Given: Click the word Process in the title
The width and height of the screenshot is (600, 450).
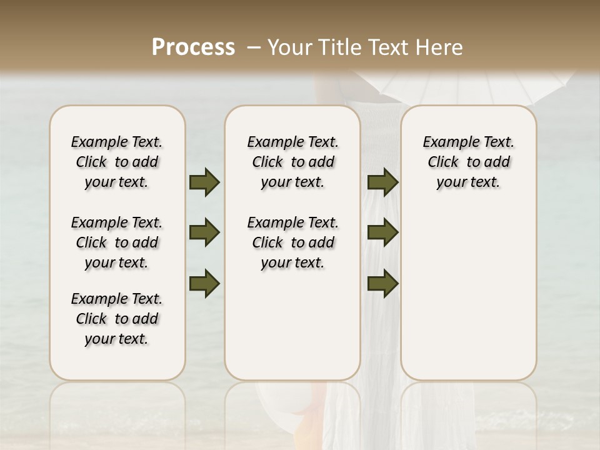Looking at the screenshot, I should click(193, 47).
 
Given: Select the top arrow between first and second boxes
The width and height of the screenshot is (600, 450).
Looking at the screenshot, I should click(204, 182).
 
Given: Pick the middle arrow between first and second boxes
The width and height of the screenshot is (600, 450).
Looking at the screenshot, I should click(204, 233).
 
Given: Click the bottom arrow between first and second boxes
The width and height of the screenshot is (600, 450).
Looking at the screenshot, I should click(204, 284).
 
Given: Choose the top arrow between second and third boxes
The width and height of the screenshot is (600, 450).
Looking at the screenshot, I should click(382, 182).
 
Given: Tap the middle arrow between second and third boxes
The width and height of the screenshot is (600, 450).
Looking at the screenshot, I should click(382, 233).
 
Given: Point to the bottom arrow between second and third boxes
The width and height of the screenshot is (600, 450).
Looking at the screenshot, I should click(382, 284).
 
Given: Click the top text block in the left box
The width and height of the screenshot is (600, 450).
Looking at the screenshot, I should click(117, 162).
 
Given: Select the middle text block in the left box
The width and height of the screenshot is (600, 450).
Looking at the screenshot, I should click(117, 242).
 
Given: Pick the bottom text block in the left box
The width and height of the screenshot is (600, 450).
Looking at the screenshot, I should click(117, 319).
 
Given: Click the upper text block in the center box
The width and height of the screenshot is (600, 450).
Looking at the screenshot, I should click(292, 162).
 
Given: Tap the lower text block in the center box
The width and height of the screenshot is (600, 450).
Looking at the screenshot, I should click(292, 242).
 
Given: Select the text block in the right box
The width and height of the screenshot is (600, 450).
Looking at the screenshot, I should click(468, 162).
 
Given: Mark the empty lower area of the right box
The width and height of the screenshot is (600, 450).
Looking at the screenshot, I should click(468, 287).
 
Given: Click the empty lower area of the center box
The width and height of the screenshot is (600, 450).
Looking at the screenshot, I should click(292, 325).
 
